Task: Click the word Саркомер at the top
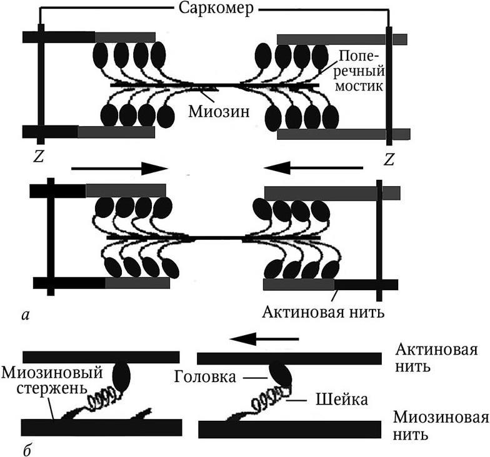tap(214, 9)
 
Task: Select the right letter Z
tap(389, 160)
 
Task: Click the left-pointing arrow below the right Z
tap(312, 167)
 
